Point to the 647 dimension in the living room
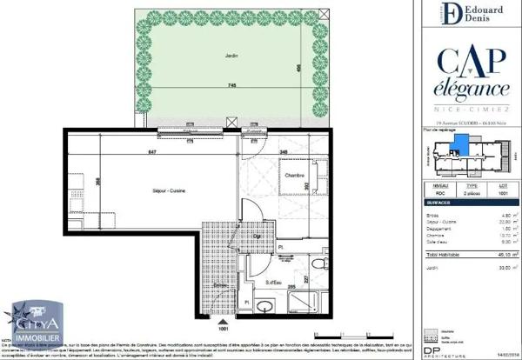click(152, 153)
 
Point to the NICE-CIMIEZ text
click(472, 111)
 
